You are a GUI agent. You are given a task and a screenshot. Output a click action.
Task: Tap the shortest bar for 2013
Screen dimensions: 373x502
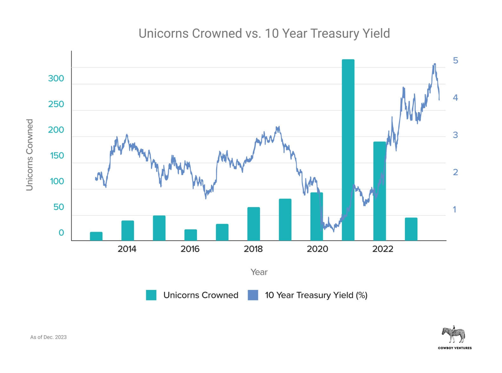(96, 236)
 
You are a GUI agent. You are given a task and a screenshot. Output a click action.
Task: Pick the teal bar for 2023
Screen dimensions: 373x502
(411, 229)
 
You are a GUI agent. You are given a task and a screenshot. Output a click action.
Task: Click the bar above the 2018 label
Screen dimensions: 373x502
(253, 224)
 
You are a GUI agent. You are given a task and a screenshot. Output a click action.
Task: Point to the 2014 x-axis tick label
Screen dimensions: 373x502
(127, 249)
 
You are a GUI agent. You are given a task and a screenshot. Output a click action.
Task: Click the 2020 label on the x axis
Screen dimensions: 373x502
(317, 249)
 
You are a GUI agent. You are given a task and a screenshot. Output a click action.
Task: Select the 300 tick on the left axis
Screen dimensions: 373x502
(56, 78)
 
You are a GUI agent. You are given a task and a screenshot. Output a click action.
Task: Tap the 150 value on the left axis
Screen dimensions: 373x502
(57, 155)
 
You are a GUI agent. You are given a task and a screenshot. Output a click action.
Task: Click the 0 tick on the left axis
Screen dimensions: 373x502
(61, 233)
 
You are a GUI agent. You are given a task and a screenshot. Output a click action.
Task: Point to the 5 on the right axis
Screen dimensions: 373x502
(455, 61)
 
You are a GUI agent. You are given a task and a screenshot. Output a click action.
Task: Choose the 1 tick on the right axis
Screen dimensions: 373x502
(454, 209)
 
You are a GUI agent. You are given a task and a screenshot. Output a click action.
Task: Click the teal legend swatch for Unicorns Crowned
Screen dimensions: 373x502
(151, 295)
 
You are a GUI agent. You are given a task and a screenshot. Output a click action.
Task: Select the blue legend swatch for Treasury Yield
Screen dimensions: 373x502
(253, 295)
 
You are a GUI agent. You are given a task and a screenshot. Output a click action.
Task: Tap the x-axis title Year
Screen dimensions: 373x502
(259, 272)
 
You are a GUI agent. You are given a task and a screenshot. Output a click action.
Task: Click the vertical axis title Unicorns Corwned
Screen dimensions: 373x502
(29, 155)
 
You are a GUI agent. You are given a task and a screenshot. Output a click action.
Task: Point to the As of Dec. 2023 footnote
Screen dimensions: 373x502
(48, 337)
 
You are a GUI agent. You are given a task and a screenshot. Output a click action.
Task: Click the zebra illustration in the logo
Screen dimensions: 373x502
(454, 334)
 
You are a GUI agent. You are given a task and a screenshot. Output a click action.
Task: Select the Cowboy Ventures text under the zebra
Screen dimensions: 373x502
(454, 348)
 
